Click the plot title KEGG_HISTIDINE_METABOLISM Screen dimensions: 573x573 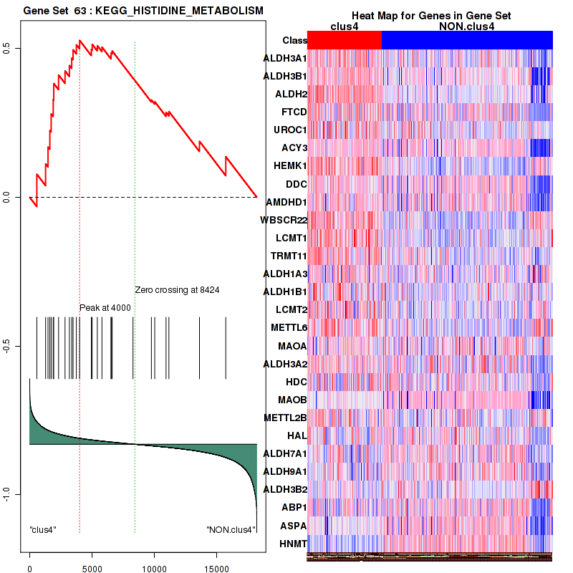pos(143,11)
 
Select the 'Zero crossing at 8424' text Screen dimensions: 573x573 pos(177,290)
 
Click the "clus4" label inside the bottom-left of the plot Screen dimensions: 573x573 pos(43,530)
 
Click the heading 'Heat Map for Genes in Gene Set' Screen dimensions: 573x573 pos(430,16)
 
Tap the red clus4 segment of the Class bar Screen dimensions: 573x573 pos(344,40)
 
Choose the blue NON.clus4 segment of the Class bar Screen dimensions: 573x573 pos(467,40)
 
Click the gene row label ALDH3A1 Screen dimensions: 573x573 pos(285,58)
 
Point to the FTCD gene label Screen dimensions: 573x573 pos(294,112)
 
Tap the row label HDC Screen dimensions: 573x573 pos(296,382)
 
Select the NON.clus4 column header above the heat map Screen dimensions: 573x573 pos(466,27)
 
